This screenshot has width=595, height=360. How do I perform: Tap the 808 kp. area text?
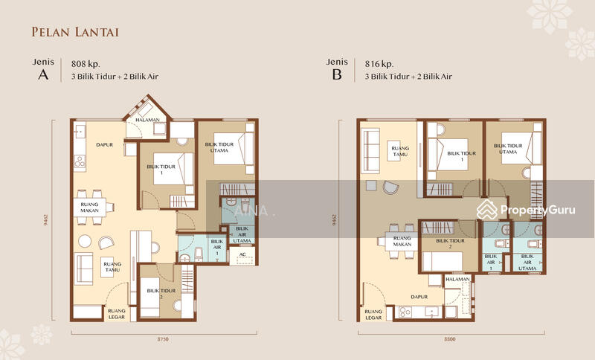coord(86,63)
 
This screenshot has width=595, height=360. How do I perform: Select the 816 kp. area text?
coord(380,63)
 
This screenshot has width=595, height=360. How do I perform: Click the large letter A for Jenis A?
coord(42,76)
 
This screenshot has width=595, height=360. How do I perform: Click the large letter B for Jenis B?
coord(336,76)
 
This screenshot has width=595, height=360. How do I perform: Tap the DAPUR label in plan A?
coord(104,145)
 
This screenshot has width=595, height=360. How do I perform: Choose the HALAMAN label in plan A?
coord(148,120)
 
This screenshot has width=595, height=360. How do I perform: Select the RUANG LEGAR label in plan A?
coord(117,314)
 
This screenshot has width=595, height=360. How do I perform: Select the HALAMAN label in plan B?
coord(457,279)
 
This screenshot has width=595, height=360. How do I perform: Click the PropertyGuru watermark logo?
coord(527,210)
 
